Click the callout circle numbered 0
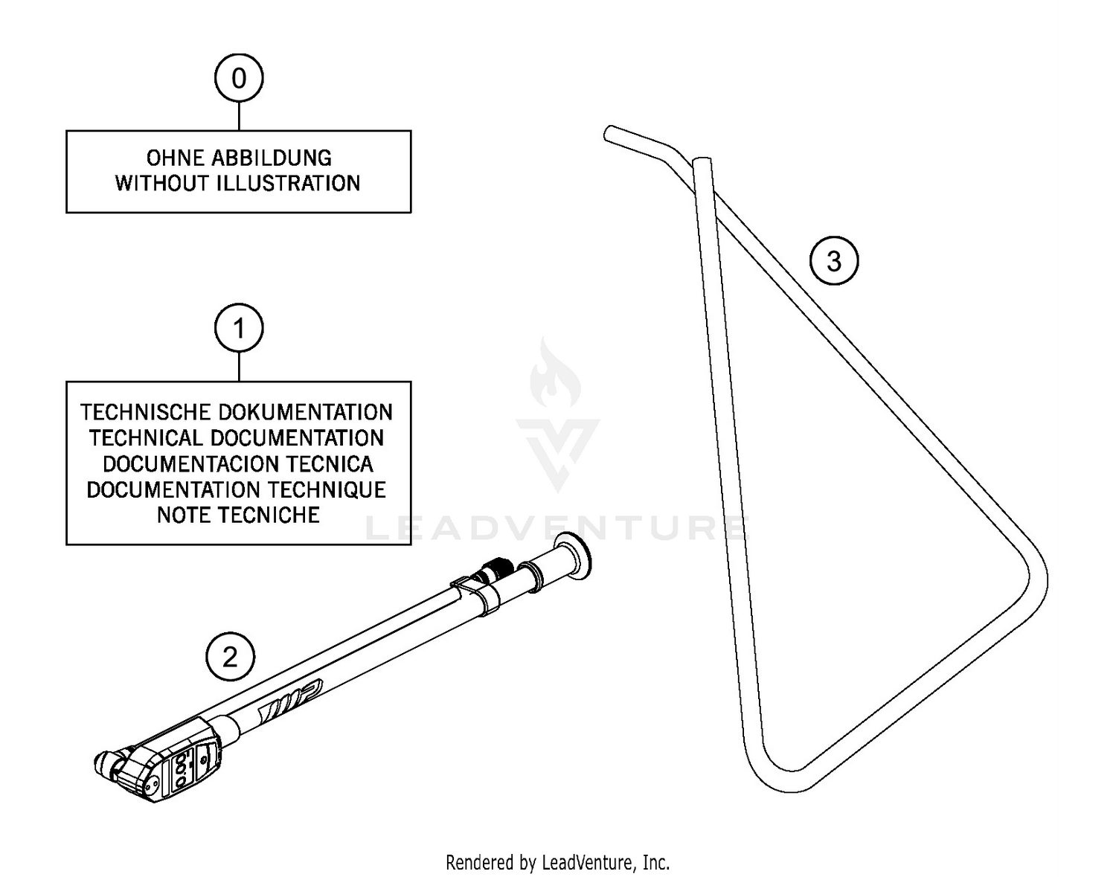tap(238, 78)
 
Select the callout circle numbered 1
tap(238, 328)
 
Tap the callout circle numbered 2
tap(230, 657)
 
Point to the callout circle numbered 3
tap(834, 261)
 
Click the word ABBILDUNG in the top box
tap(272, 158)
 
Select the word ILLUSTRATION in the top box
tap(289, 183)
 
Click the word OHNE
tap(176, 158)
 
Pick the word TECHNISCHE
tap(146, 412)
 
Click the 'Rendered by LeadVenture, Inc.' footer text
tap(557, 862)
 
